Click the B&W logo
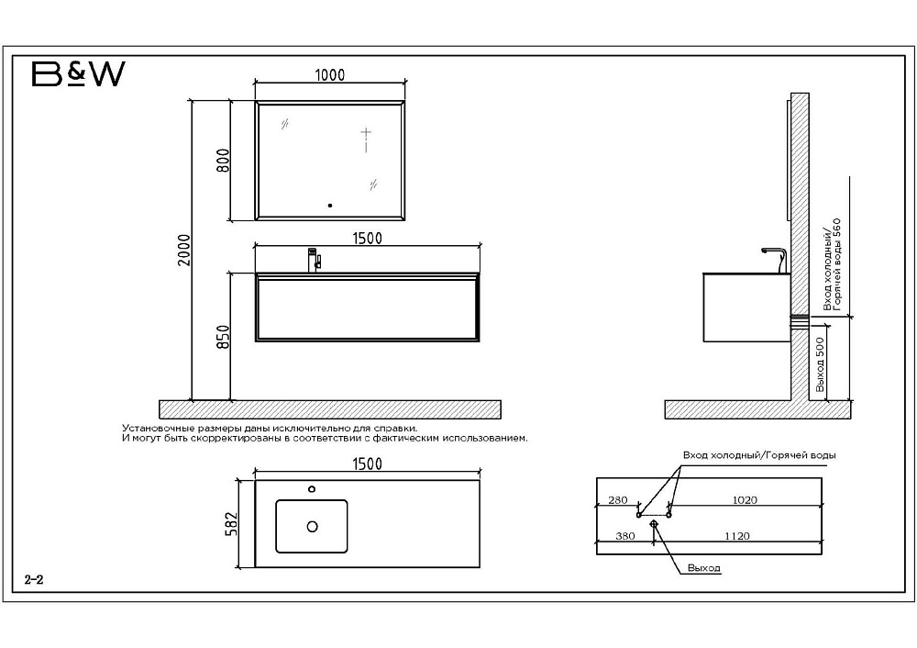coord(78,74)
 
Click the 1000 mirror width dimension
coord(330,75)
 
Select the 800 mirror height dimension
coord(223,161)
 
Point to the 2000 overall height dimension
coord(184,250)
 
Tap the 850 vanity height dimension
coord(223,337)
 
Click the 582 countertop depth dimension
coord(232,524)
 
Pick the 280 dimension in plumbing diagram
coord(617,500)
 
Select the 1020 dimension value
coord(745,500)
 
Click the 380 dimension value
coord(625,536)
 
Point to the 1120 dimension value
coord(737,536)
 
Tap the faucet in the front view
coord(314,260)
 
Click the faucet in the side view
coord(775,260)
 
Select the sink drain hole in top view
coord(313,527)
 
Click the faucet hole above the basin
coord(312,489)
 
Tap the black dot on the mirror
coord(330,206)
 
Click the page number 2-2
coord(34,580)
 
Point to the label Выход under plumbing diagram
coord(704,568)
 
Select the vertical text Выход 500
coord(820,364)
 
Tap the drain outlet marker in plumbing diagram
coord(654,524)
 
